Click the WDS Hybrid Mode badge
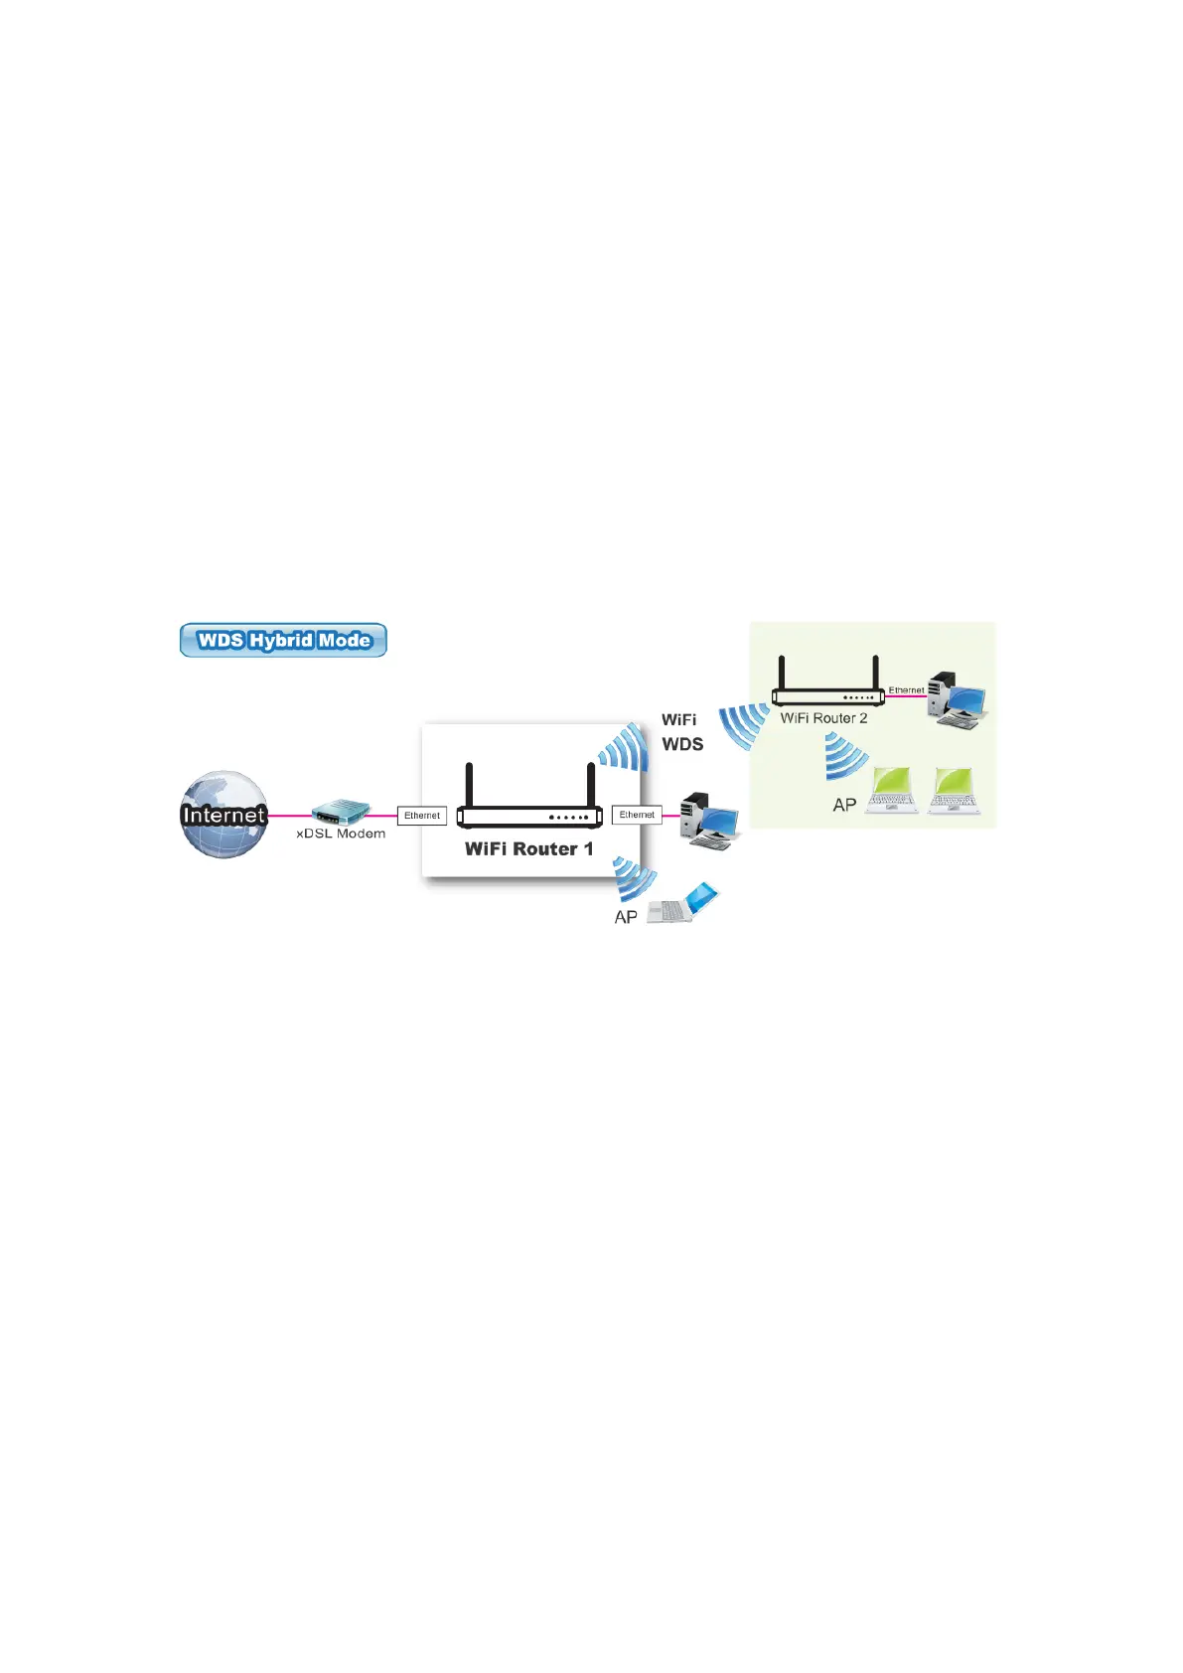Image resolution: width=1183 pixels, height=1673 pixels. click(283, 641)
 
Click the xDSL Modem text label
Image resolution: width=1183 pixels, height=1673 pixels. click(341, 835)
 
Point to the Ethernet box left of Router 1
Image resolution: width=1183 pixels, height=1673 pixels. click(422, 816)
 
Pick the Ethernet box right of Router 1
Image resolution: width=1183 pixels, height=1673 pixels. click(637, 815)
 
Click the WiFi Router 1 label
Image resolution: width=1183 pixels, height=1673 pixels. click(528, 849)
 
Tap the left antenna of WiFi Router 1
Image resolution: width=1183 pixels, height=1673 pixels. click(469, 785)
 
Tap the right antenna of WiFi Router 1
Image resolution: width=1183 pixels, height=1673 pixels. click(591, 785)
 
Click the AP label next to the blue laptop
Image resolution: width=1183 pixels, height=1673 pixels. click(626, 918)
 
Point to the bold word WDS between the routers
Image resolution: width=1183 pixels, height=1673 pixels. click(682, 744)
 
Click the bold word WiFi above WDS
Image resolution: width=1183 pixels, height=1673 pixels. click(679, 719)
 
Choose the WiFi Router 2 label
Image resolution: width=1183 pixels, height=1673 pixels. click(823, 718)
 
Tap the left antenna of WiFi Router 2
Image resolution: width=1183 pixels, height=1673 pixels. click(782, 674)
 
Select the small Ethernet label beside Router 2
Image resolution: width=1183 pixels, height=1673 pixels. click(906, 689)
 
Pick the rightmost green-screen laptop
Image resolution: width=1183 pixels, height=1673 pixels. click(953, 791)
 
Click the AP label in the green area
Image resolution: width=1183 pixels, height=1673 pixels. click(844, 806)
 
